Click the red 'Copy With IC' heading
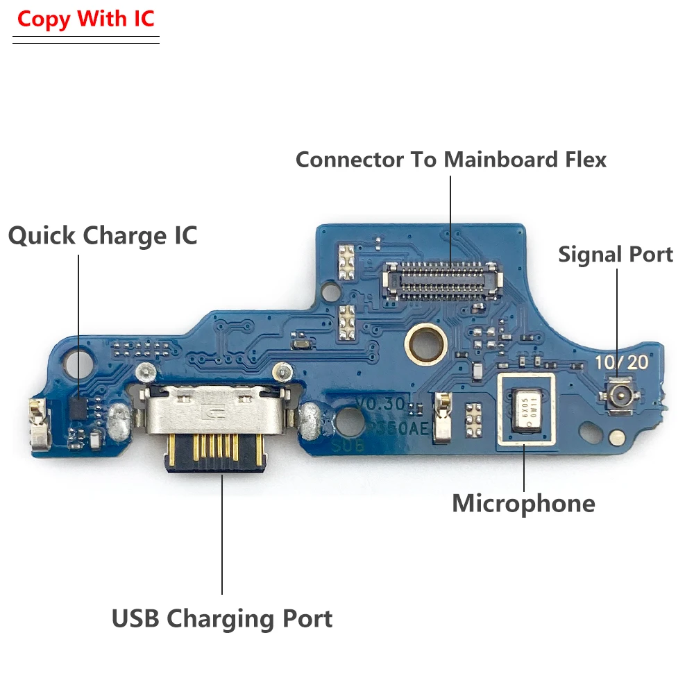[86, 19]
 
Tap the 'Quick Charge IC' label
[103, 236]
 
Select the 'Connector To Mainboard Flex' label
[451, 160]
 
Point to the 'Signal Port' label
[616, 255]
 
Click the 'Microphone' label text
[523, 503]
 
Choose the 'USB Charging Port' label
[222, 618]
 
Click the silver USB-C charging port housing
[219, 415]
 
